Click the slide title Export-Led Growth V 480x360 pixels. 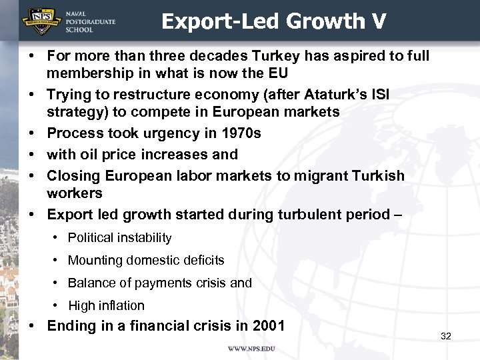pyautogui.click(x=273, y=21)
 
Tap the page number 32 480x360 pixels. pyautogui.click(x=446, y=336)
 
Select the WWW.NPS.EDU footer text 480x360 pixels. pyautogui.click(x=251, y=349)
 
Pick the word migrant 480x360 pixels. pyautogui.click(x=315, y=175)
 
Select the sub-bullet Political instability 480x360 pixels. pyautogui.click(x=120, y=237)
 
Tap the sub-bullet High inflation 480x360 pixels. pyautogui.click(x=106, y=305)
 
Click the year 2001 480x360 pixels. pyautogui.click(x=269, y=326)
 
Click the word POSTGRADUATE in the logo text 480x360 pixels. pyautogui.click(x=90, y=22)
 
